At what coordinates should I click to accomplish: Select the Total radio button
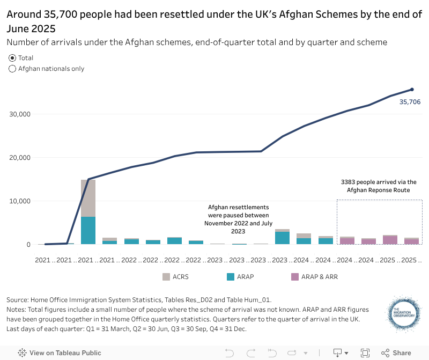(x=12, y=58)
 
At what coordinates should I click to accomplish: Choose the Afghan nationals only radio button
(x=12, y=69)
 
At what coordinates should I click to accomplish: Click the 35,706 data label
(x=410, y=101)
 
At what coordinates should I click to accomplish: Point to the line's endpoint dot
(x=412, y=90)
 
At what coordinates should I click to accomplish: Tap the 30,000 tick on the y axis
(x=20, y=114)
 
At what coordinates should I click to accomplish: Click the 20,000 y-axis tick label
(x=20, y=158)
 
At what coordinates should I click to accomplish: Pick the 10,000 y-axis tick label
(x=20, y=201)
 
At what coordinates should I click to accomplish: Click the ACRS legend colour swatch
(x=167, y=277)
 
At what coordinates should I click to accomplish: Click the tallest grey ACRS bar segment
(x=88, y=198)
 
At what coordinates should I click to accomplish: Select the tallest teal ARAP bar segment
(x=88, y=230)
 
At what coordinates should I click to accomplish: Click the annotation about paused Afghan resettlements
(x=238, y=219)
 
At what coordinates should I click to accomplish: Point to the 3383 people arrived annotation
(x=379, y=186)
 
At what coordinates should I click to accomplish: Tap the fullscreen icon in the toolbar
(x=365, y=353)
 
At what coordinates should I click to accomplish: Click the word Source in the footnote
(x=18, y=300)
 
